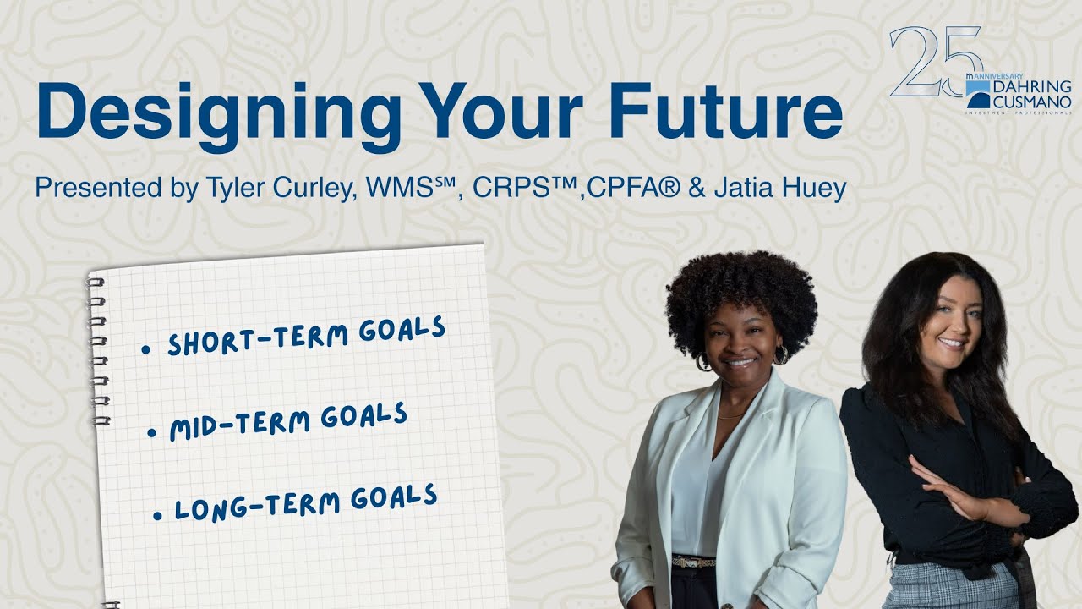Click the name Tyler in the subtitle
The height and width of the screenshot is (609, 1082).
tap(230, 188)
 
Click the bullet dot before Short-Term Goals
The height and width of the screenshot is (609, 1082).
tap(145, 348)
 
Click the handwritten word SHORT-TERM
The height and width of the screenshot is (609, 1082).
tap(258, 337)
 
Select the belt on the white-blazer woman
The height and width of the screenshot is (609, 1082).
tap(693, 561)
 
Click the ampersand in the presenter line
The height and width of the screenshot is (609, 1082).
tap(697, 188)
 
